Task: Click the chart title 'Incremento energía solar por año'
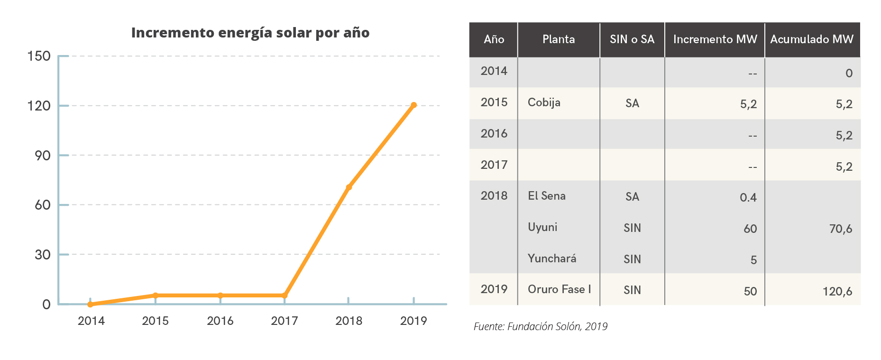(250, 33)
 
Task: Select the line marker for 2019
(413, 105)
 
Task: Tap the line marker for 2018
(349, 187)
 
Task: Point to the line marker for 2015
(156, 295)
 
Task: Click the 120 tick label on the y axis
(39, 106)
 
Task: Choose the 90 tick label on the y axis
(42, 156)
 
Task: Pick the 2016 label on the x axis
(220, 321)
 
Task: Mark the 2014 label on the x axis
(91, 321)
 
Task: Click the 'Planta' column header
(559, 39)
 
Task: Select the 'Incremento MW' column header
(715, 39)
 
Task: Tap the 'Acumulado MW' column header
(812, 39)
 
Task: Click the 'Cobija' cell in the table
(544, 102)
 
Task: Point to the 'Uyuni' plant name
(542, 227)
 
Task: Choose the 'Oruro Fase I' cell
(560, 289)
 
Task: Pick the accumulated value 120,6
(837, 291)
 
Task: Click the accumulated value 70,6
(841, 229)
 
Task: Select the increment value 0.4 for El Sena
(748, 197)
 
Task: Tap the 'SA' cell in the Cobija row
(632, 103)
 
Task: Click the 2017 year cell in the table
(494, 165)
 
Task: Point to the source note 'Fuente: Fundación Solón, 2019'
(541, 326)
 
